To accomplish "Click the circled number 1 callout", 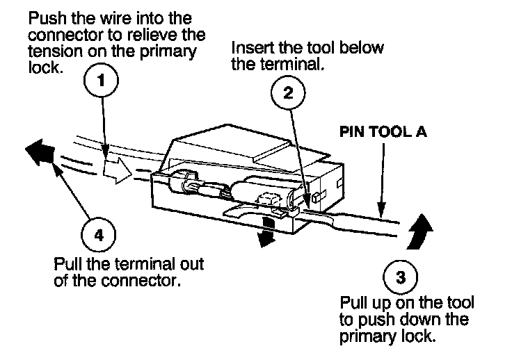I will [x=102, y=81].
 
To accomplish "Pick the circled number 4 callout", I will [x=99, y=235].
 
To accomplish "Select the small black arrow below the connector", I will [x=264, y=234].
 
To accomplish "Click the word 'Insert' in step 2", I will [x=250, y=49].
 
